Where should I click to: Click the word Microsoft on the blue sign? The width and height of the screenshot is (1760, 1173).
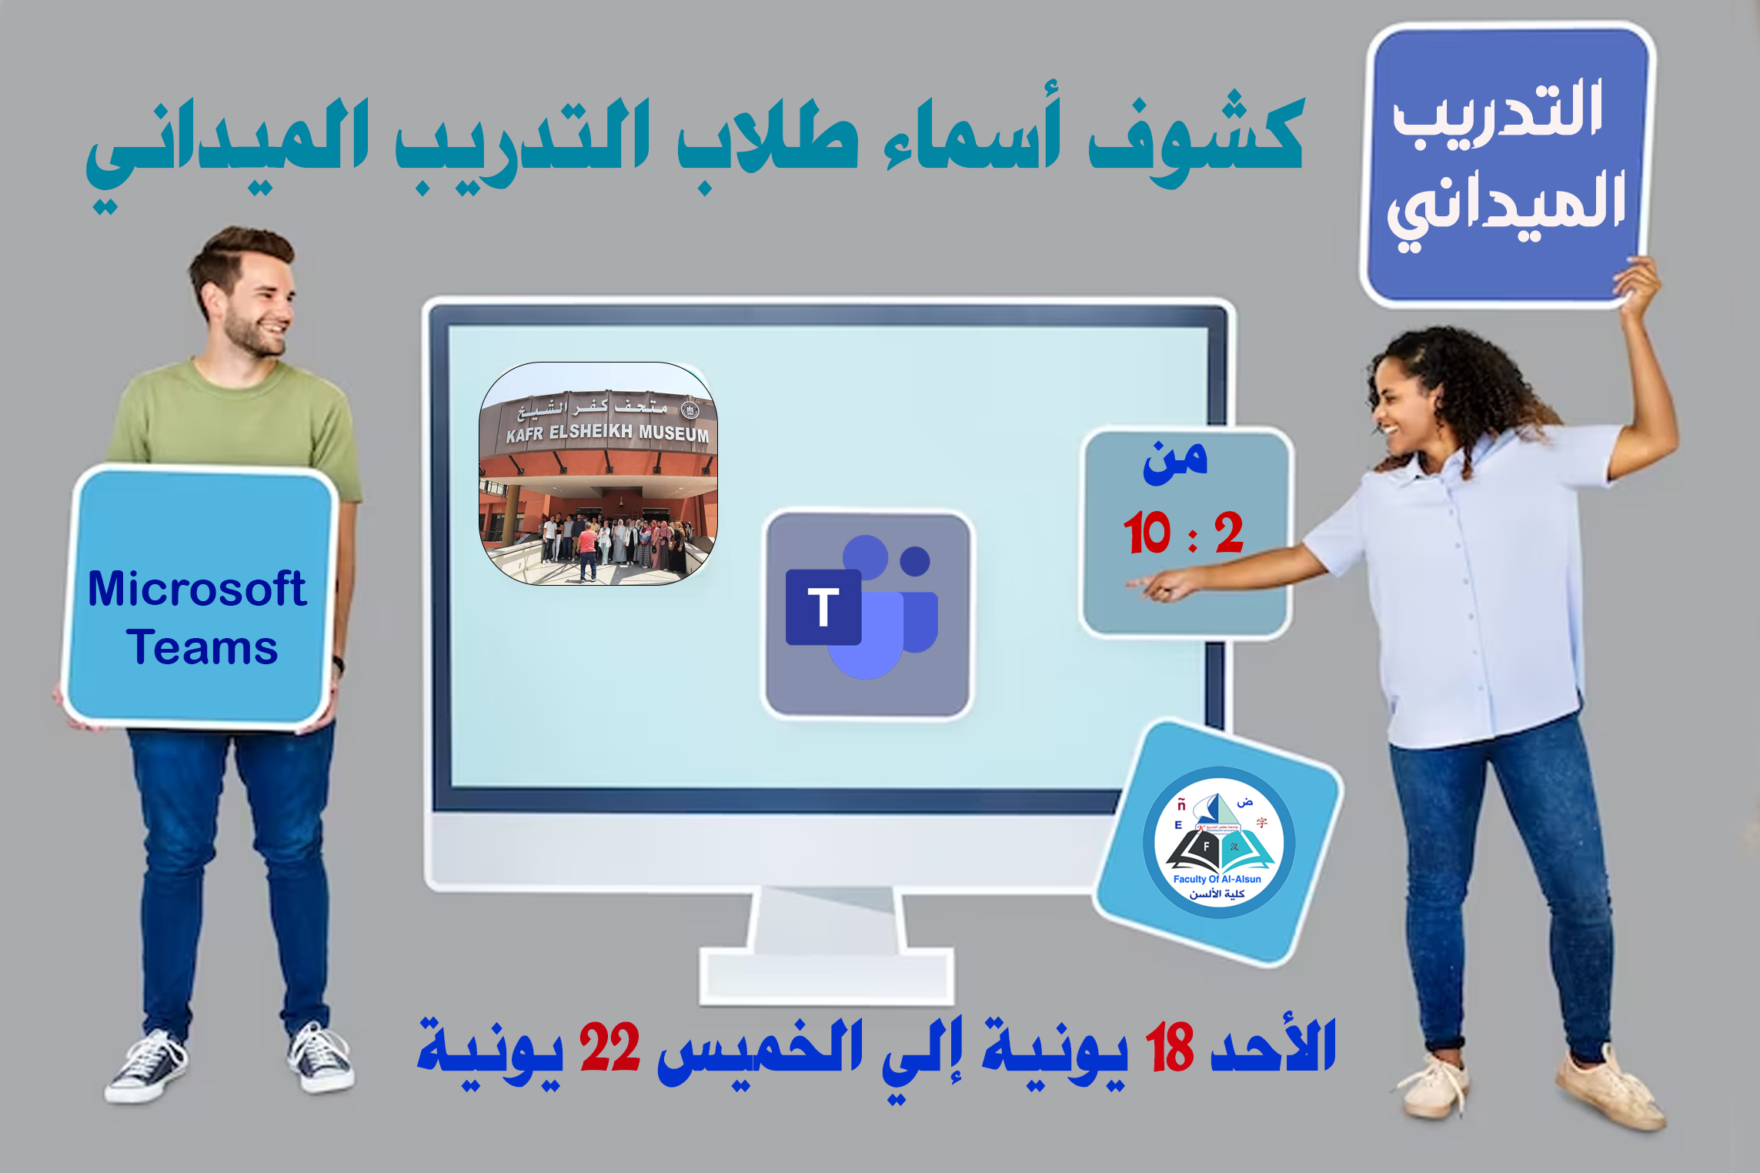197,589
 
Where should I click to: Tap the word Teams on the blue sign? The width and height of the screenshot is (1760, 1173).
202,647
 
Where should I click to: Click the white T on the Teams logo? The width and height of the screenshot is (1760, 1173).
823,607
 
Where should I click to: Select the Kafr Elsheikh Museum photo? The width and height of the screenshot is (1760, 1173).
598,473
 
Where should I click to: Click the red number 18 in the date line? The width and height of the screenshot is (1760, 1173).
1169,1048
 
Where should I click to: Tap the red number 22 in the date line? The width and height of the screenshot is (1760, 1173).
609,1048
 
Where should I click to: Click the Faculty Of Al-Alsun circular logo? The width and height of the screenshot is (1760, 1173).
1218,844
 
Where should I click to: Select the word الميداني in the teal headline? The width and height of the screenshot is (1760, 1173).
227,146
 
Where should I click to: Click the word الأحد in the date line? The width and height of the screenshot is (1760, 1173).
1273,1047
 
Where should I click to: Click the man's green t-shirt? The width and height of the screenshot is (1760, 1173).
231,416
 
